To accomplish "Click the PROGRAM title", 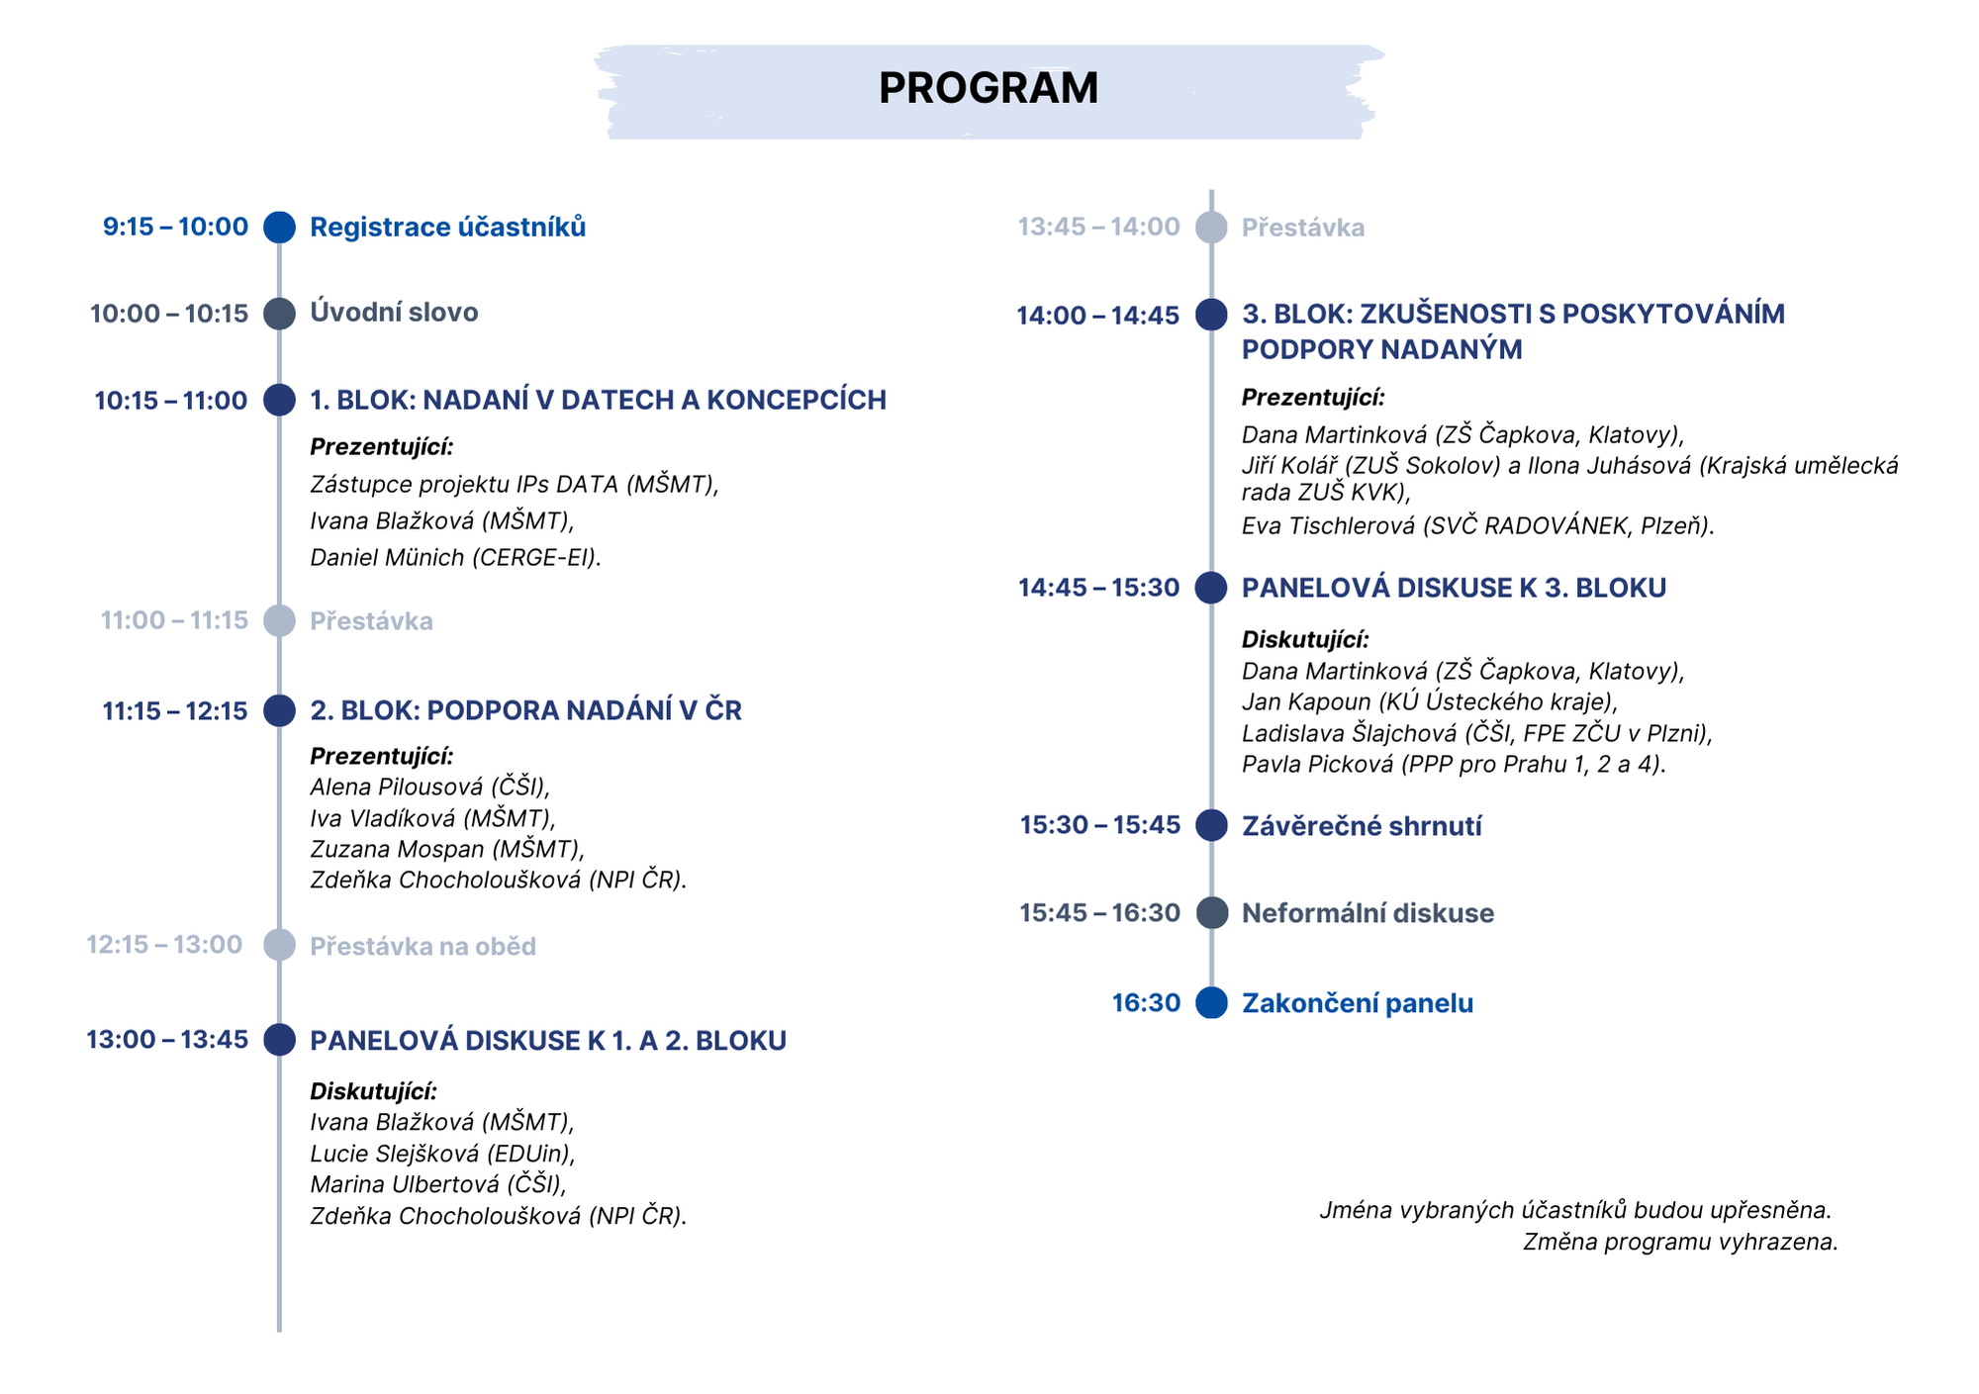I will click(988, 88).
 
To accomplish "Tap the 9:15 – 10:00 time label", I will click(175, 227).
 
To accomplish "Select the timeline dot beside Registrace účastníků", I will click(279, 227).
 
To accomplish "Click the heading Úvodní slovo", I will click(394, 313).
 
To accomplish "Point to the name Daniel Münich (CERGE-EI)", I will click(455, 558).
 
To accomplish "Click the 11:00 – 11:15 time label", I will click(174, 620).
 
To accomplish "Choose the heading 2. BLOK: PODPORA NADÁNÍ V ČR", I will click(525, 710).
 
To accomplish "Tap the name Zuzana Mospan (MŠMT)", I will click(447, 849).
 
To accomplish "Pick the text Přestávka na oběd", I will click(423, 946).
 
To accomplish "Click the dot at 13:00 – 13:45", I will click(279, 1040).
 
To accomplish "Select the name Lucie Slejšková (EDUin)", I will click(442, 1154).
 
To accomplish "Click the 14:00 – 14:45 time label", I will click(1098, 316).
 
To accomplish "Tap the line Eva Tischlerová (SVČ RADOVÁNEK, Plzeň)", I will click(1477, 526).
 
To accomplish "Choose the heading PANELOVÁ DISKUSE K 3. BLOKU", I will click(1454, 588).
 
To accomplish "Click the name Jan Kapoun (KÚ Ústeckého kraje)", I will click(1430, 702).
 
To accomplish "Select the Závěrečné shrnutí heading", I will click(1362, 826).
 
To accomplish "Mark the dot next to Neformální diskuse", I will click(1212, 912).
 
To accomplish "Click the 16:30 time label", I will click(1146, 1003).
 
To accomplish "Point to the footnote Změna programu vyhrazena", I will click(1679, 1242).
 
